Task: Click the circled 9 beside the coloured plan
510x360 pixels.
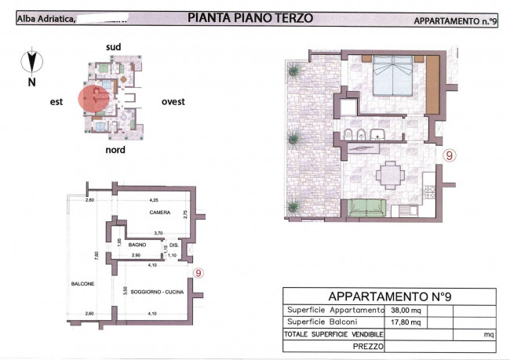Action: coord(449,155)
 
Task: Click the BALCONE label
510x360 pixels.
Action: coord(82,283)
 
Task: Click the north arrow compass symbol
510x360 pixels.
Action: coord(31,62)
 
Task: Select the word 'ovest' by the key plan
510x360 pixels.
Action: coord(173,101)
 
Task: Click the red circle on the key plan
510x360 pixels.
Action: coord(93,100)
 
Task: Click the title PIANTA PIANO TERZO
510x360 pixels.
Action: coord(251,17)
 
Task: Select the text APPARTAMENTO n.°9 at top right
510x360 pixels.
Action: coord(455,22)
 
